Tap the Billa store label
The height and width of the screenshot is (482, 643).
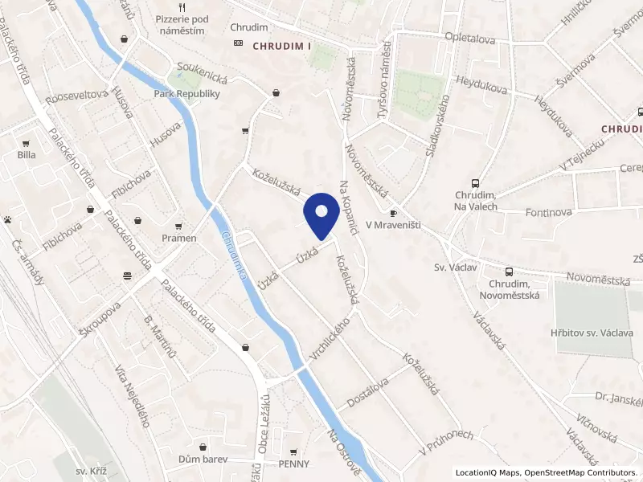27,155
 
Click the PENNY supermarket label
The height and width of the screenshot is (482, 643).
293,464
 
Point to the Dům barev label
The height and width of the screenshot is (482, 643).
203,460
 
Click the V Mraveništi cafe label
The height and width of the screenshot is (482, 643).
393,226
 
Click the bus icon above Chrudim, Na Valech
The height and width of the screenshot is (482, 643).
475,183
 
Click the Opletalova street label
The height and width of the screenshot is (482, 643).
470,37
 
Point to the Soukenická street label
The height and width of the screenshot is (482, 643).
207,80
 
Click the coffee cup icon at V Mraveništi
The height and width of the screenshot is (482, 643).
393,213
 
